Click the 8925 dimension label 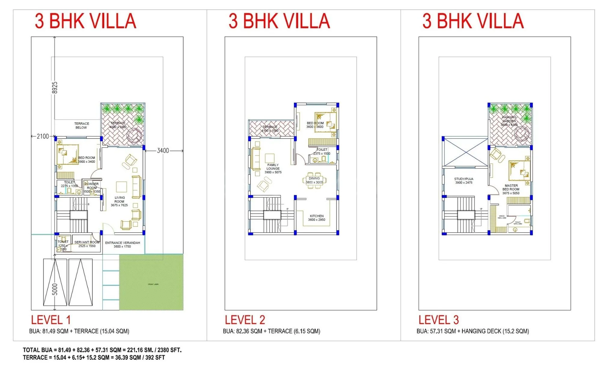click(x=54, y=87)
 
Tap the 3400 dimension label click(x=163, y=151)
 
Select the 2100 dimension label click(x=43, y=136)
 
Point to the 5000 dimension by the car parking click(x=55, y=289)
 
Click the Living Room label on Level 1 click(x=119, y=201)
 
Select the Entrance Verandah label click(x=122, y=244)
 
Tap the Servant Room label click(x=87, y=244)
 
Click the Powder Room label click(x=92, y=188)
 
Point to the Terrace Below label click(x=81, y=126)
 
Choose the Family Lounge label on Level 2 click(x=273, y=168)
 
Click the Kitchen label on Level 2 click(x=317, y=218)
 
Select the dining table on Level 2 click(x=314, y=180)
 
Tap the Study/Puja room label click(x=464, y=180)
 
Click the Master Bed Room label click(x=511, y=189)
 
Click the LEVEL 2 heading click(x=245, y=320)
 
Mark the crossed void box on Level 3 click(x=465, y=152)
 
